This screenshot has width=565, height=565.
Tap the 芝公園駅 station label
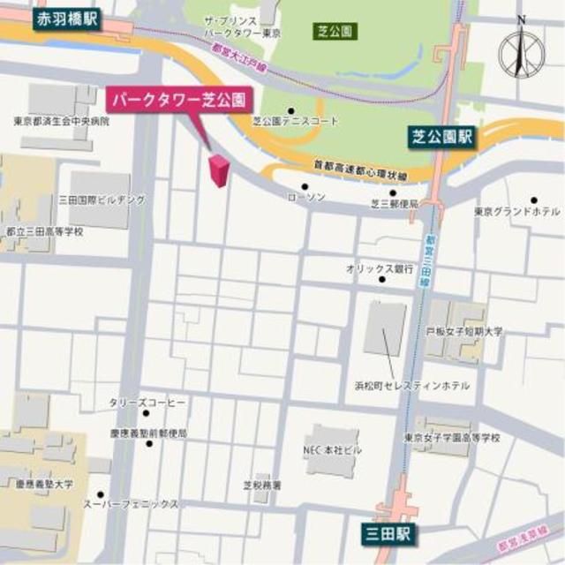tap(442, 137)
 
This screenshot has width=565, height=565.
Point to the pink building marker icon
tap(217, 170)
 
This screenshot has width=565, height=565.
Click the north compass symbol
tap(522, 51)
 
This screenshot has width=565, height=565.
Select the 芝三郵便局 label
tap(393, 204)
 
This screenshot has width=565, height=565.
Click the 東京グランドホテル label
tap(516, 212)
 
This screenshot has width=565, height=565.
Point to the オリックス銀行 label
tap(380, 267)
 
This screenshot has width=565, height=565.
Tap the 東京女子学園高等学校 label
tap(452, 437)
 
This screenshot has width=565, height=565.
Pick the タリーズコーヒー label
tap(147, 403)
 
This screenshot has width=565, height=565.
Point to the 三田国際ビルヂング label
tap(102, 200)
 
